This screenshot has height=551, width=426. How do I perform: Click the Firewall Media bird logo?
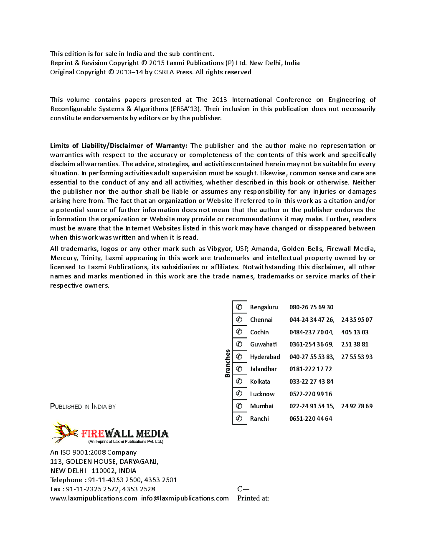pyautogui.click(x=65, y=432)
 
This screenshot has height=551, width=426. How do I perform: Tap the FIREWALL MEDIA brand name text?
pyautogui.click(x=125, y=434)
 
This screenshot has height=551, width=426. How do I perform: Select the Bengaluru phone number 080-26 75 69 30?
pyautogui.click(x=311, y=307)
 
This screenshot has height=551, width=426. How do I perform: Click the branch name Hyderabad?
pyautogui.click(x=265, y=357)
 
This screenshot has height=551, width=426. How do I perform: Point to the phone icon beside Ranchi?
pyautogui.click(x=239, y=418)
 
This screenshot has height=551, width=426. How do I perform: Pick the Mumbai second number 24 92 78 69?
pyautogui.click(x=357, y=406)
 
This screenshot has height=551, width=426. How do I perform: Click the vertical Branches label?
pyautogui.click(x=228, y=363)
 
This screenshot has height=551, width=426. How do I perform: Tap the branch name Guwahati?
pyautogui.click(x=263, y=344)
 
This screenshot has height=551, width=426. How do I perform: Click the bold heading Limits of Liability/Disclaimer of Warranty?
pyautogui.click(x=118, y=146)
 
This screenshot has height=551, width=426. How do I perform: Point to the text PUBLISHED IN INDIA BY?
pyautogui.click(x=83, y=407)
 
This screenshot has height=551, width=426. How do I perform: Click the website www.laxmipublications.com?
pyautogui.click(x=94, y=498)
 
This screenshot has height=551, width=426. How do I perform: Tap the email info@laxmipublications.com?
pyautogui.click(x=185, y=498)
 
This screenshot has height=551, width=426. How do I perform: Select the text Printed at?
pyautogui.click(x=253, y=498)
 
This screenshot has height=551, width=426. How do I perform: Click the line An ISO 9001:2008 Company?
pyautogui.click(x=93, y=452)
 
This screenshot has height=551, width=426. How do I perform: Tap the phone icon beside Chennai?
pyautogui.click(x=239, y=320)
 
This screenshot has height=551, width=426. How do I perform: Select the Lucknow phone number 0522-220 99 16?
pyautogui.click(x=311, y=394)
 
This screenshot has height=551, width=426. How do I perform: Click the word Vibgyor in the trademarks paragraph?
pyautogui.click(x=219, y=249)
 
